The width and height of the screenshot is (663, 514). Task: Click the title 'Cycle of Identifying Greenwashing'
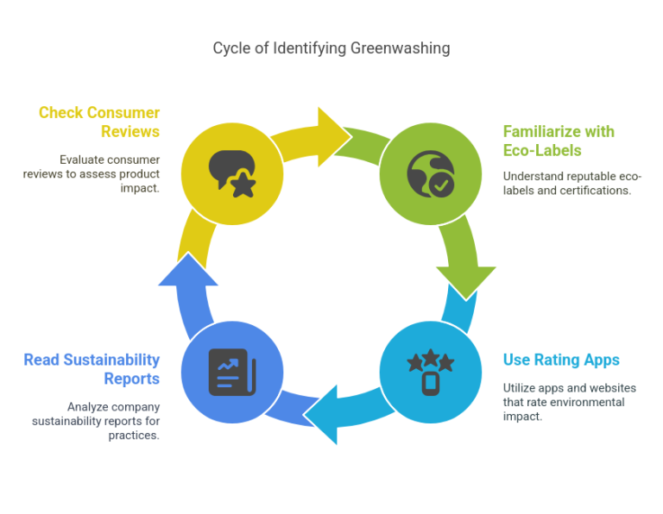click(331, 48)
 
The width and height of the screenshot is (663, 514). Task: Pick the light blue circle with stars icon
click(430, 373)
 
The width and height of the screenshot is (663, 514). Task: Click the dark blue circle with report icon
click(232, 373)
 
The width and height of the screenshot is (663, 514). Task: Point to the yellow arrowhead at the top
click(331, 137)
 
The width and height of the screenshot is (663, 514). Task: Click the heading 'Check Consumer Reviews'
click(99, 122)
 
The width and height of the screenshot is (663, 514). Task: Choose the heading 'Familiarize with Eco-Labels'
click(559, 141)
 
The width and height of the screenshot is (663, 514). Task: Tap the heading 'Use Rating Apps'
click(561, 360)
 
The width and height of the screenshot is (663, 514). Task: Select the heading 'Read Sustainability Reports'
click(92, 369)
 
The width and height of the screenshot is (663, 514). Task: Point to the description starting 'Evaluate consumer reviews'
click(92, 173)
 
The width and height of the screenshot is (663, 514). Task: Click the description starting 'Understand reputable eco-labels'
click(571, 183)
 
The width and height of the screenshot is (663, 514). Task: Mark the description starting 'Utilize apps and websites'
click(564, 402)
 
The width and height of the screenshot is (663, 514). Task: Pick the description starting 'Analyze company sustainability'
click(96, 421)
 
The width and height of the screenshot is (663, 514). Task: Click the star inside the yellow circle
click(243, 184)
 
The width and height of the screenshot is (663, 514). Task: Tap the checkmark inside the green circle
click(441, 184)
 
